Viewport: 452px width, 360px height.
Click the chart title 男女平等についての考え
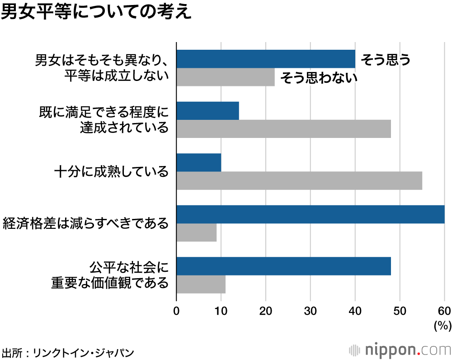(x=96, y=13)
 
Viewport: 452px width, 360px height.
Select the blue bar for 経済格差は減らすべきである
(x=310, y=214)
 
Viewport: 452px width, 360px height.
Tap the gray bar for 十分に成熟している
(x=299, y=181)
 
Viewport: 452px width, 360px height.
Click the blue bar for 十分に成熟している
(x=199, y=163)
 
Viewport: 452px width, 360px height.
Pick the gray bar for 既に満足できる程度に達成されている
(x=283, y=129)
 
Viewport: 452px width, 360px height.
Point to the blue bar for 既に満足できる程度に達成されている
(x=207, y=111)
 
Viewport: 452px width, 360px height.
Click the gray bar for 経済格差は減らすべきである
(x=196, y=232)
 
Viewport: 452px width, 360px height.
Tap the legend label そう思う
(x=385, y=59)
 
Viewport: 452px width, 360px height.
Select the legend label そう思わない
(x=319, y=78)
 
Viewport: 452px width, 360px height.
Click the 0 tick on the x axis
(x=176, y=311)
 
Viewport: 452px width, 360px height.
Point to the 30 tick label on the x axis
(x=310, y=311)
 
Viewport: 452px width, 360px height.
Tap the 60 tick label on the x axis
(x=444, y=311)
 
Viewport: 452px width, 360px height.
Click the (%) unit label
(x=443, y=325)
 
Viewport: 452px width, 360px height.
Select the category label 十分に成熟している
(x=111, y=172)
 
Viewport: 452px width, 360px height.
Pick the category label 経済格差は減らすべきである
(x=85, y=223)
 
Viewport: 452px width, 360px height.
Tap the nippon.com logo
(x=400, y=350)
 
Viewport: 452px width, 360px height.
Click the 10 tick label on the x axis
(x=221, y=311)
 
